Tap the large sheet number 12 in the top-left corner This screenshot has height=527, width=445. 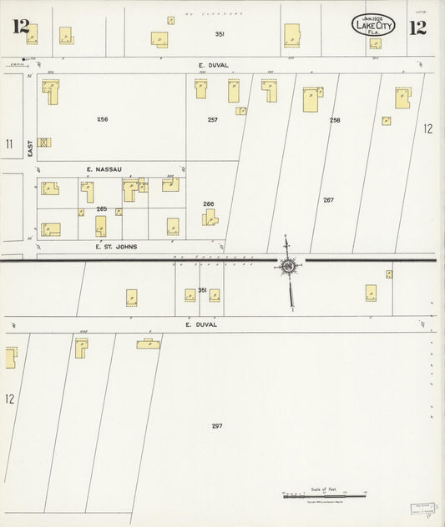pyautogui.click(x=21, y=27)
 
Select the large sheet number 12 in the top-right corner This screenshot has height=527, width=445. pyautogui.click(x=417, y=28)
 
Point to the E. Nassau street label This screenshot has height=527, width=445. pyautogui.click(x=104, y=169)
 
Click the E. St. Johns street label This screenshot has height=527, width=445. pyautogui.click(x=116, y=247)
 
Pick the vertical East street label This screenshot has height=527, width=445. pyautogui.click(x=28, y=148)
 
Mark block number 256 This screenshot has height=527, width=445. pyautogui.click(x=102, y=119)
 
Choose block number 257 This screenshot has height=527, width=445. pyautogui.click(x=213, y=120)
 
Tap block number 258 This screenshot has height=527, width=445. pyautogui.click(x=335, y=120)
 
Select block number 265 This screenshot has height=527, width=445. pyautogui.click(x=102, y=208)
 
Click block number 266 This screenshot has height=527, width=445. pyautogui.click(x=208, y=203)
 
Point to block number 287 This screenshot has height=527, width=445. pyautogui.click(x=328, y=200)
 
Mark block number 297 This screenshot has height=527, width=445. pyautogui.click(x=217, y=426)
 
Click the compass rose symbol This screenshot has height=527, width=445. pyautogui.click(x=289, y=266)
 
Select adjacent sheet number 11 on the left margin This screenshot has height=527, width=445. pyautogui.click(x=9, y=144)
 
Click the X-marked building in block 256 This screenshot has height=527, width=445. pyautogui.click(x=44, y=143)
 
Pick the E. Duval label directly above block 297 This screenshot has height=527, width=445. pyautogui.click(x=207, y=324)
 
